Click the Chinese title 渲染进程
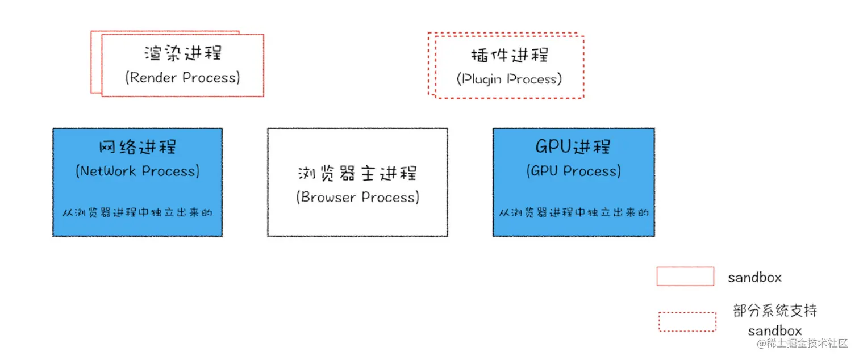(182, 53)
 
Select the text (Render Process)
(182, 77)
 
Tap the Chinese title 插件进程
(510, 55)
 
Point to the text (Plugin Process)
(509, 79)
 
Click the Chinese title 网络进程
(137, 146)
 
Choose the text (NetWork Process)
(137, 171)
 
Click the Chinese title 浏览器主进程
(357, 173)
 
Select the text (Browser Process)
(357, 197)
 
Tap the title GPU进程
(573, 146)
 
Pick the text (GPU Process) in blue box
(573, 171)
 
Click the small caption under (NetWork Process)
(137, 214)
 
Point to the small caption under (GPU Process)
(574, 214)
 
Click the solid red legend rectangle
(685, 277)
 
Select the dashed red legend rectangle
(687, 321)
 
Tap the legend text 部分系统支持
(775, 311)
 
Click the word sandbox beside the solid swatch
(754, 278)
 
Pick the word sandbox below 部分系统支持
(775, 331)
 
